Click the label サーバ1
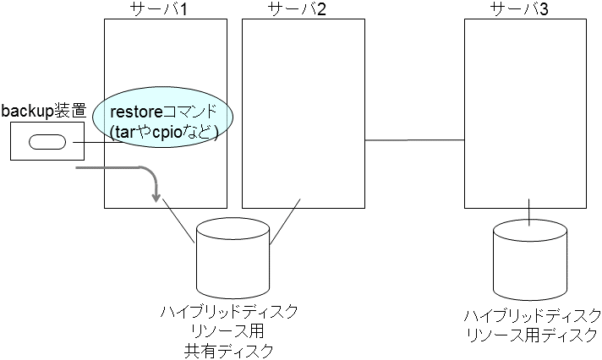tap(164, 9)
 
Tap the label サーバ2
tap(303, 9)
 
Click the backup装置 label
tap(44, 111)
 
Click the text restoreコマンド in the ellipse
tap(165, 112)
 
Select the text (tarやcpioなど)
tap(165, 133)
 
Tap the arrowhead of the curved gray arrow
tap(156, 198)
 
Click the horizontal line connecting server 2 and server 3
tap(413, 139)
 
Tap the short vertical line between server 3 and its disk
tap(529, 211)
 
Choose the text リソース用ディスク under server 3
tap(533, 334)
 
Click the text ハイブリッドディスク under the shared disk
tap(229, 313)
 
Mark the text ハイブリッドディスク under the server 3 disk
tap(533, 316)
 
